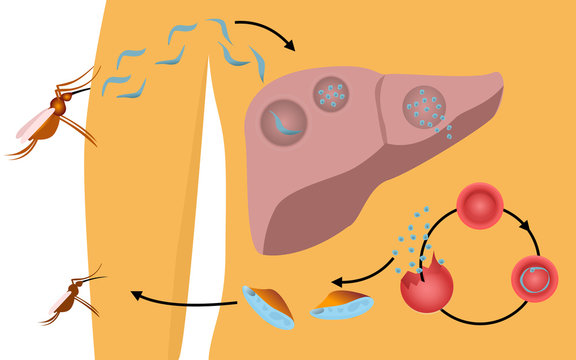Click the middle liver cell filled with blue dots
pos(331,96)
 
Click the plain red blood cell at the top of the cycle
pos(479,204)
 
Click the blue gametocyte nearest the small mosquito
pos(269,305)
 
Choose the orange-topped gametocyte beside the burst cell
pos(343,305)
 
